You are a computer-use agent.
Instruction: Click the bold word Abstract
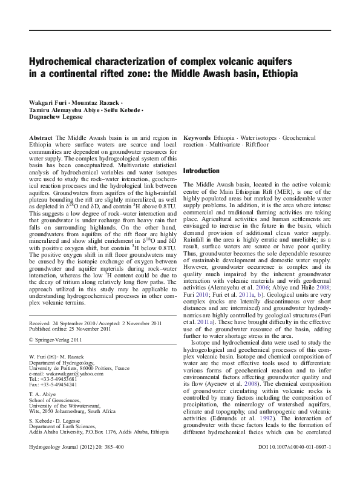click(41, 138)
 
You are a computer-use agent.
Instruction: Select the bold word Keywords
click(197, 138)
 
